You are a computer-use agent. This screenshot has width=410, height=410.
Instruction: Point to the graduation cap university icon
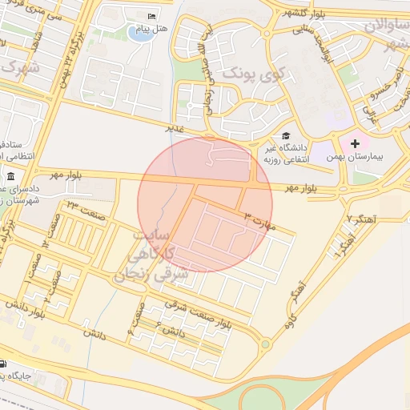(286, 136)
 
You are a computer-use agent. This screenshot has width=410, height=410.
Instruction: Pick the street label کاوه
(291, 321)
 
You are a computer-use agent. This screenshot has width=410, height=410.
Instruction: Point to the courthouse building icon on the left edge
(10, 177)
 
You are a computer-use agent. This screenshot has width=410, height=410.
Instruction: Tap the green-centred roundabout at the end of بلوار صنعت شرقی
(265, 344)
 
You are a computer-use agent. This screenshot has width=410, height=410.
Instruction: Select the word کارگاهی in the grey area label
(151, 256)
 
